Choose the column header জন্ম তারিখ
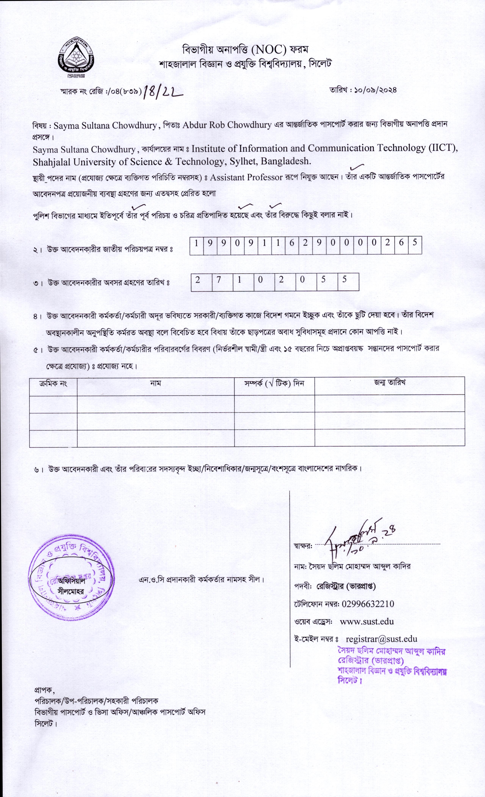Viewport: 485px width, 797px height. click(x=390, y=383)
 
